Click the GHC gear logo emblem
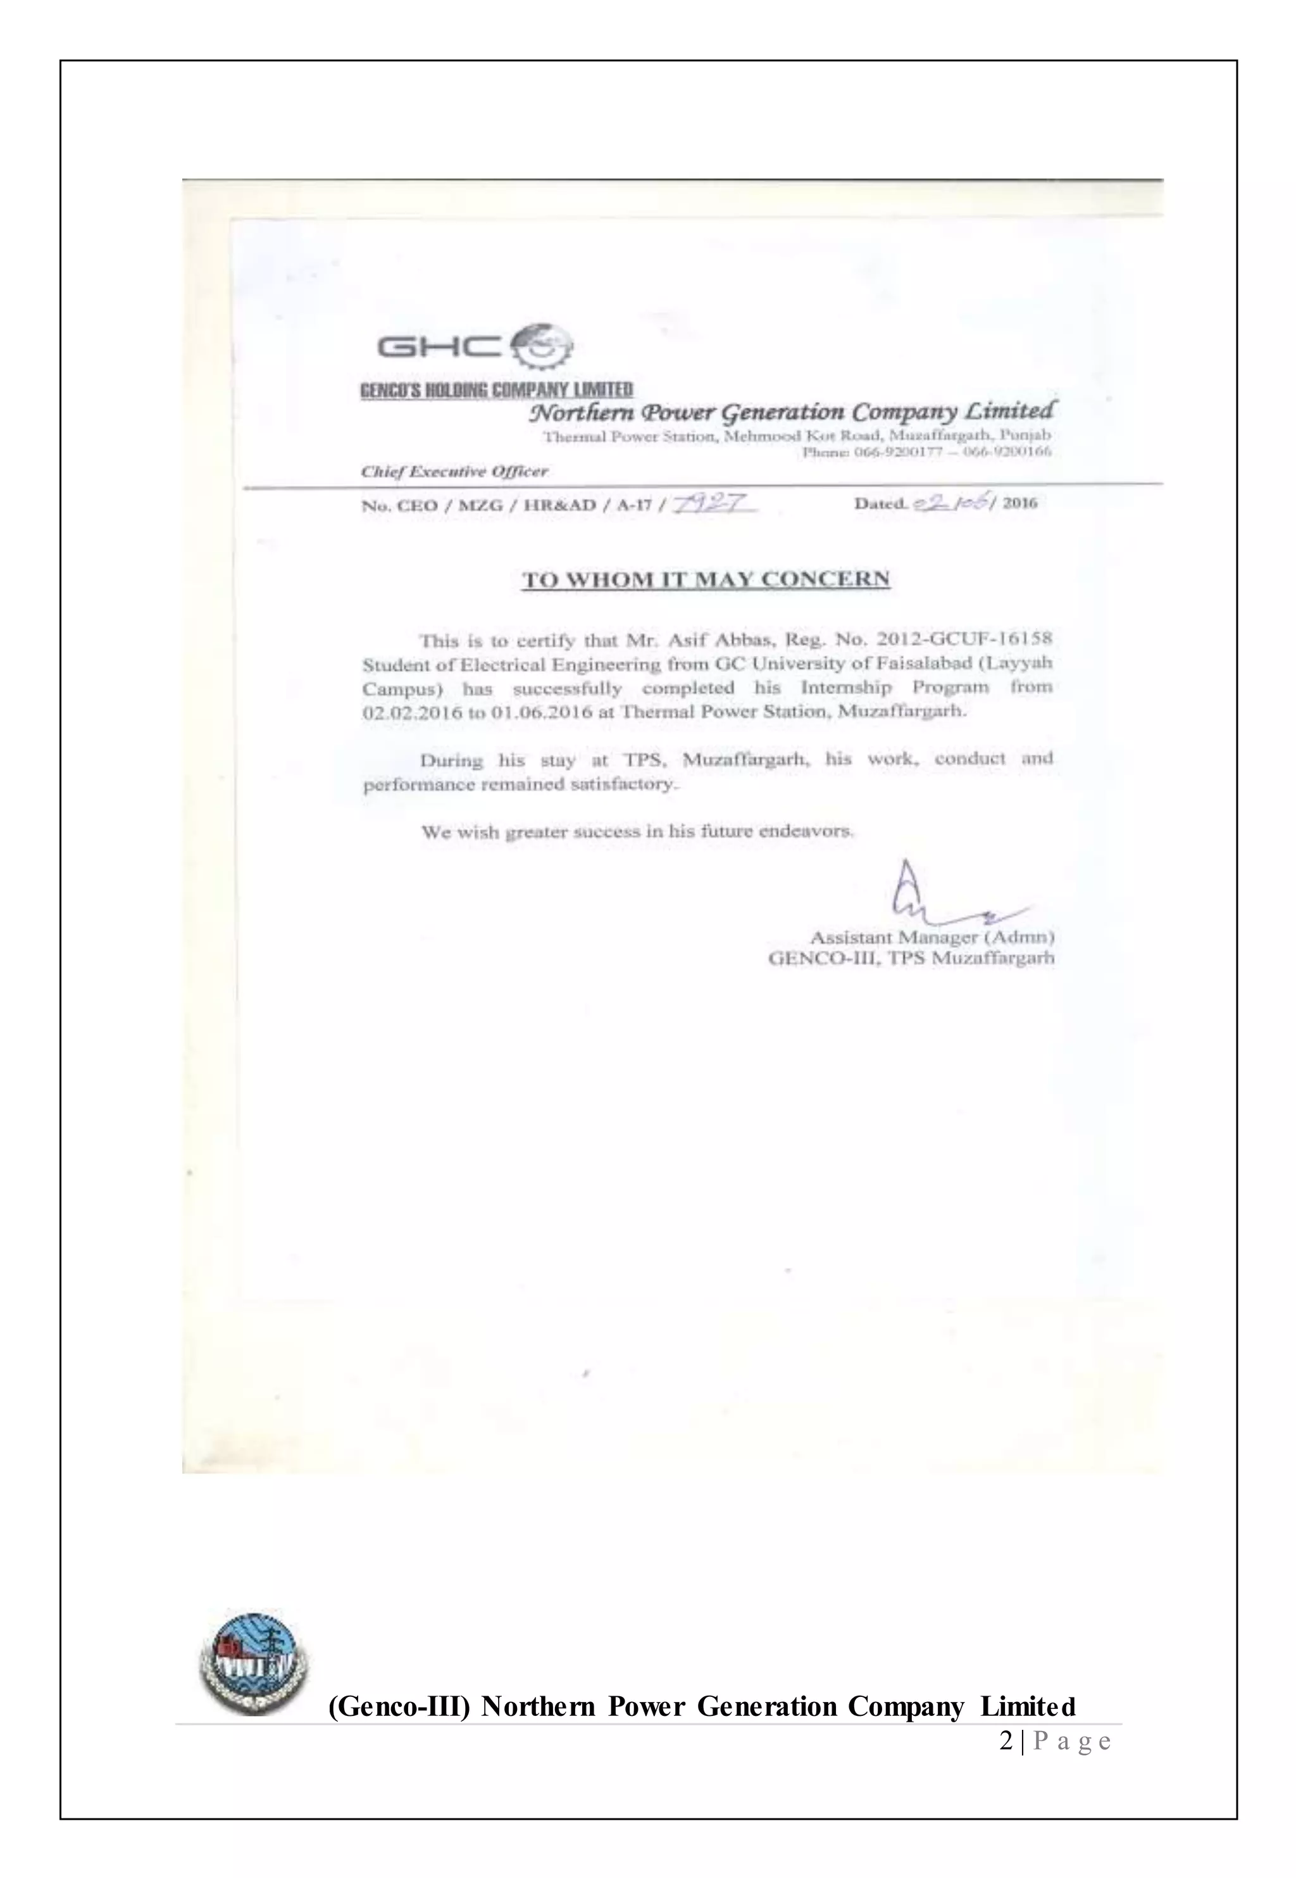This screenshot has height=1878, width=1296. pos(543,348)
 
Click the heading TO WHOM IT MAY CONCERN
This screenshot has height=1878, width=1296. pos(705,580)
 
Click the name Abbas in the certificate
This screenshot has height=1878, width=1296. pos(736,640)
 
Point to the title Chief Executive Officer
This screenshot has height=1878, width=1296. pos(454,471)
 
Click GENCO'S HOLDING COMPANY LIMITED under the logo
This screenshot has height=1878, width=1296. pos(496,391)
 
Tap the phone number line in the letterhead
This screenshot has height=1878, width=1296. pos(926,453)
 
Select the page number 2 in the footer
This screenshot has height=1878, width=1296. pos(1006,1741)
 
